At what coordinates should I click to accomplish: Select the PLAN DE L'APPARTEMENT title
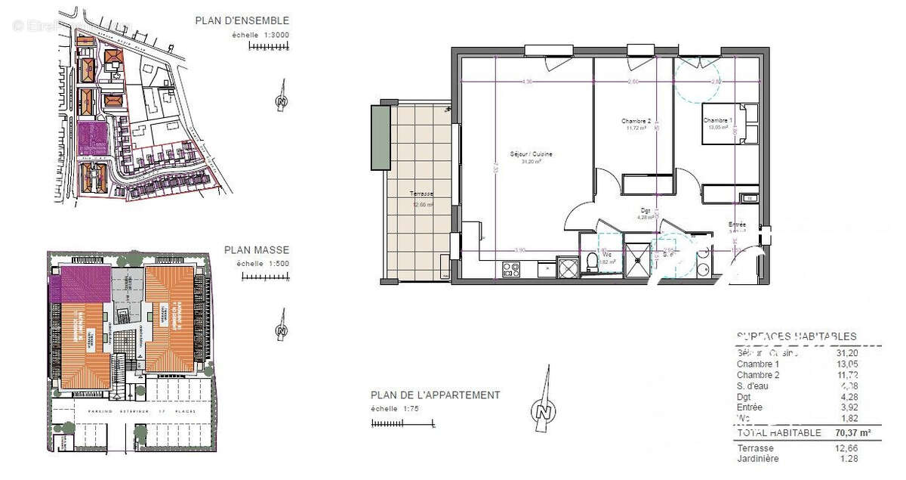(435, 395)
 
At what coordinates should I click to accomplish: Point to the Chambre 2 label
(636, 121)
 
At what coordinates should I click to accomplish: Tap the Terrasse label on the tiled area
(422, 194)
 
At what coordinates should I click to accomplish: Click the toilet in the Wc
(592, 262)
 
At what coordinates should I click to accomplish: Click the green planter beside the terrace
(379, 138)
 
